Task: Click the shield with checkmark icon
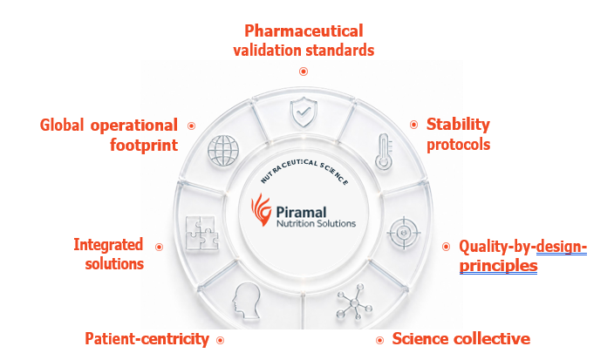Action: [x=304, y=112]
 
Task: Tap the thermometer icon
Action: [x=384, y=152]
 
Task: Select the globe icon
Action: [x=223, y=151]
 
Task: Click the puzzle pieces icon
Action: [x=202, y=233]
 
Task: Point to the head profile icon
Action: [x=246, y=300]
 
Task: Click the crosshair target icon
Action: [x=403, y=233]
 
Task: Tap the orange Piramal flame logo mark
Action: [x=261, y=210]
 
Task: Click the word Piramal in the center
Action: [x=301, y=212]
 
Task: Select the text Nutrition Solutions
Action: [x=316, y=223]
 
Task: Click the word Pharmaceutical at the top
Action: [x=304, y=31]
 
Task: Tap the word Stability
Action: [x=458, y=125]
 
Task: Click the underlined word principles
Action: [x=498, y=266]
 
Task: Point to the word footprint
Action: [x=144, y=146]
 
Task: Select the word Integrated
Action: [x=108, y=245]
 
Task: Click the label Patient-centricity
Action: [x=147, y=339]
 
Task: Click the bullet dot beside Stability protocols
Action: [x=414, y=125]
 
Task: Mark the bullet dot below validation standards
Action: [x=304, y=71]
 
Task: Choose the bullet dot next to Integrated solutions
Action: [x=159, y=247]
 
